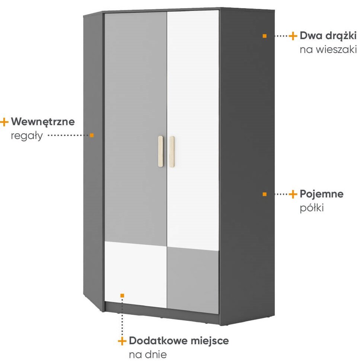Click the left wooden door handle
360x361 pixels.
click(x=160, y=151)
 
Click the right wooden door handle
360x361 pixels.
click(x=172, y=152)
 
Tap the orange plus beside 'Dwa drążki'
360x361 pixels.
click(x=293, y=36)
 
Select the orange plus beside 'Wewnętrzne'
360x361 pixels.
click(x=4, y=122)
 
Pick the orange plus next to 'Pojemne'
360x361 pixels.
click(x=293, y=194)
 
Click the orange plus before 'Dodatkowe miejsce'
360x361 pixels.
click(x=122, y=341)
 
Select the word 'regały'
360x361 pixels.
click(x=27, y=136)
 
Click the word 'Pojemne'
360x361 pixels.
click(x=322, y=194)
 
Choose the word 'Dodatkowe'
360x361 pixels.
click(x=157, y=341)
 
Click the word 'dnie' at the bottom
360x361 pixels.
click(x=156, y=354)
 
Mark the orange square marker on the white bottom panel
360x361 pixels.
click(x=122, y=295)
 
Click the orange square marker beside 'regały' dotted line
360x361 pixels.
click(x=92, y=135)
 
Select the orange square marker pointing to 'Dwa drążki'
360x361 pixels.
click(x=265, y=36)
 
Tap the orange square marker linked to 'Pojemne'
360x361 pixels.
click(x=265, y=194)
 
